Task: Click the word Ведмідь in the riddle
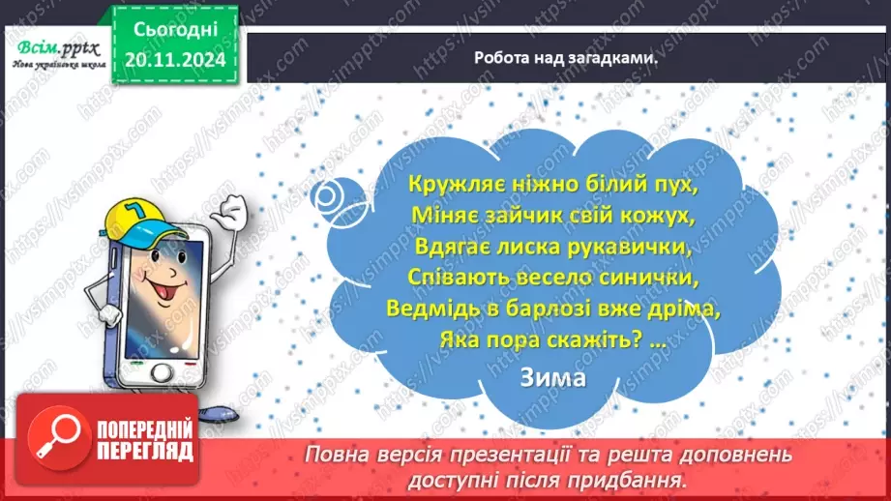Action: pyautogui.click(x=429, y=309)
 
